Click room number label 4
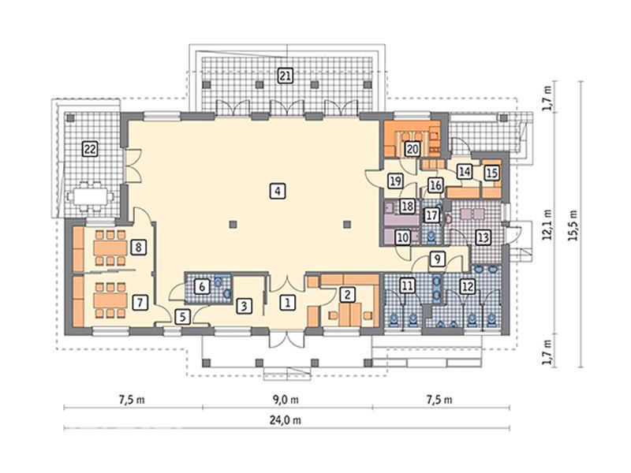278,191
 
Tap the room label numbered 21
285,76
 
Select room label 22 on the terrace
90,149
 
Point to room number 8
139,247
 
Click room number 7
140,302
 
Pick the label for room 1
287,302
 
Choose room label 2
347,294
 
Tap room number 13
483,237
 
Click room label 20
412,149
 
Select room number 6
202,286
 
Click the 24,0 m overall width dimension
286,420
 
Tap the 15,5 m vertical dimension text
573,225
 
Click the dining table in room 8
110,248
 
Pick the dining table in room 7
110,300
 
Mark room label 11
407,286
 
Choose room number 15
491,173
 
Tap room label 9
438,259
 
